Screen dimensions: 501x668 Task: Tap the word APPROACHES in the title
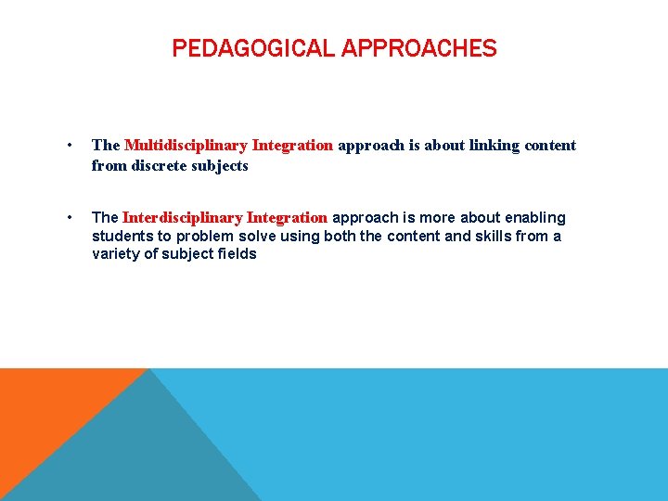418,48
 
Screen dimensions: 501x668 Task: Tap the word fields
237,253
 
